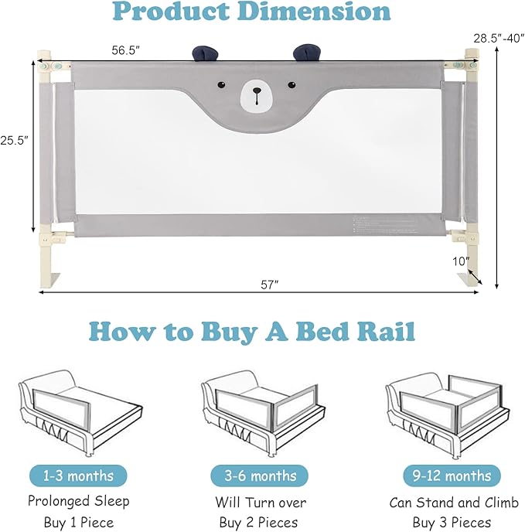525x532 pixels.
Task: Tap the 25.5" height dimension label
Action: pos(15,141)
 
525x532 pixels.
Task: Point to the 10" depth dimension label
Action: pos(462,261)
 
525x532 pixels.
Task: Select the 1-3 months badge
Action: pos(78,475)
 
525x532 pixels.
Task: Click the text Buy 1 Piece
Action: pos(78,522)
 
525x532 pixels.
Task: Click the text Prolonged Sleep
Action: pos(78,502)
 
